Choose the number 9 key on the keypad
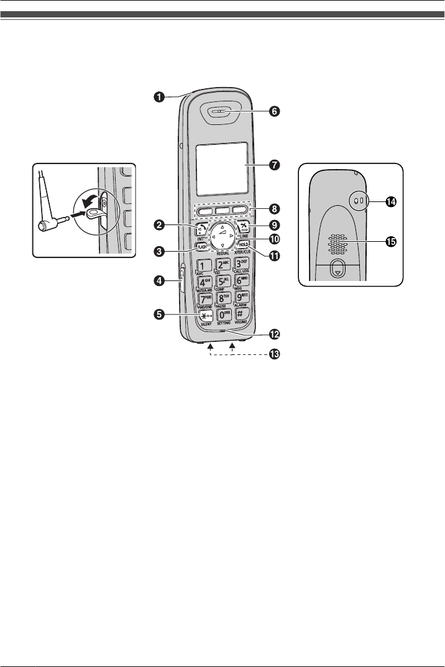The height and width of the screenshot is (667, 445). pos(242,297)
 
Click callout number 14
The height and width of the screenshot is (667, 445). pos(391,201)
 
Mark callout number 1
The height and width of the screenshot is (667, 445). pos(160,96)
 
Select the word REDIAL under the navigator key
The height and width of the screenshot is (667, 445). pos(223,254)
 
